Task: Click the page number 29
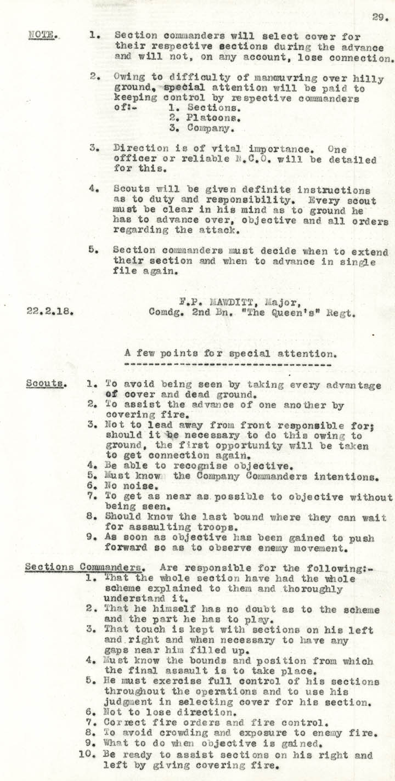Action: click(379, 17)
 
